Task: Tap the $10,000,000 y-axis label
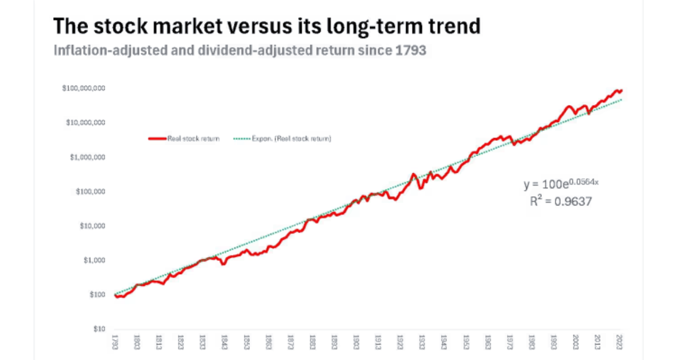[86, 123]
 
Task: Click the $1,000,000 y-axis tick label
[88, 157]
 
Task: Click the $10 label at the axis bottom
[98, 329]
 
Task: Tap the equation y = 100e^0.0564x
[561, 184]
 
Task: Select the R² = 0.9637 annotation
[561, 202]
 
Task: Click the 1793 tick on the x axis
[115, 341]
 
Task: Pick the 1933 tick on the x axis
[422, 341]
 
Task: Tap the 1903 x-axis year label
[356, 341]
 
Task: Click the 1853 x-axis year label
[246, 341]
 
